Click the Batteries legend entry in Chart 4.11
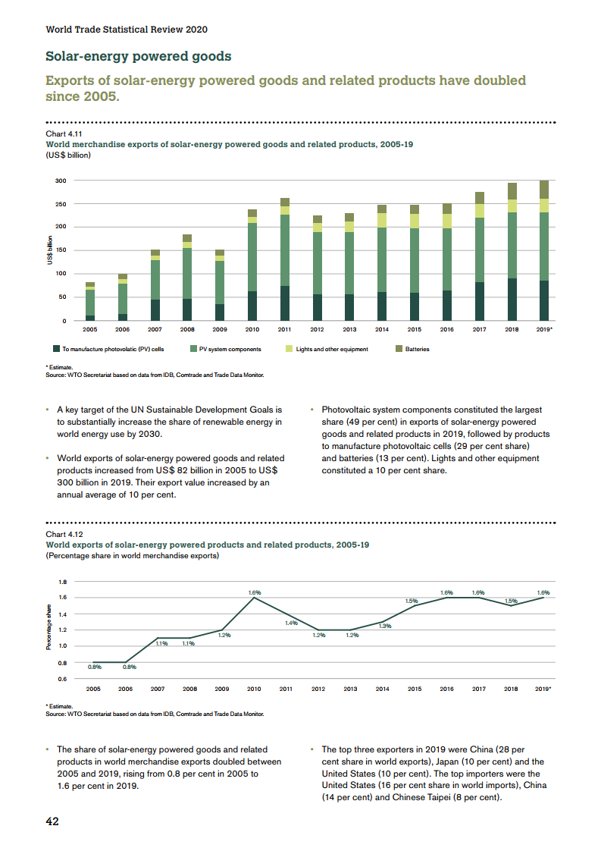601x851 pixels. pos(416,349)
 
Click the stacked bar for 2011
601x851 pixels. pos(284,259)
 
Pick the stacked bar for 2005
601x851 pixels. pos(90,301)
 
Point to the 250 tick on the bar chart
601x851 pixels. pos(61,204)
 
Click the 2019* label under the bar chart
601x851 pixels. pos(543,330)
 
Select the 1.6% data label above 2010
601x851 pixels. pos(255,592)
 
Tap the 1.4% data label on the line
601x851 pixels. pos(291,623)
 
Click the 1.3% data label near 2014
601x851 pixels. pos(384,626)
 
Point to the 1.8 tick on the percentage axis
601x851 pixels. pos(62,582)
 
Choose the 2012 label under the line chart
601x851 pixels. pos(318,689)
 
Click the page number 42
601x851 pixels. pos(53,821)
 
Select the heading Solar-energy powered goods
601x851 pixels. pos(139,56)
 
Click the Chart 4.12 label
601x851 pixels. pos(62,533)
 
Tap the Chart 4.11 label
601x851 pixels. pos(62,133)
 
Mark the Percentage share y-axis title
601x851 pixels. pos(49,626)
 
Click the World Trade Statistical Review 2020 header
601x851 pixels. pos(127,30)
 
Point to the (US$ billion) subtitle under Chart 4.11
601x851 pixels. pos(68,155)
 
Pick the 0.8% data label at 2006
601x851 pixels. pos(130,667)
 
